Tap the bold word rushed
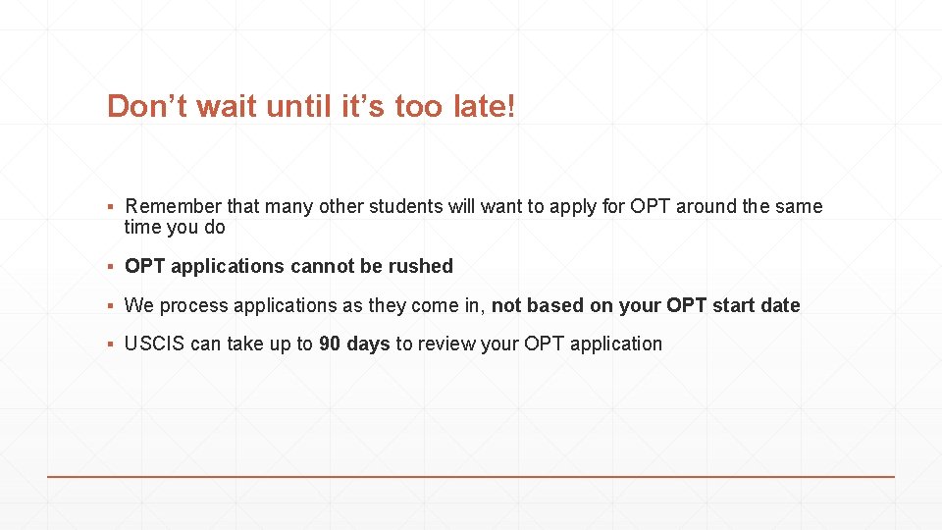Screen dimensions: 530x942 click(420, 266)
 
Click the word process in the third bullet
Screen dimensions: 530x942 click(191, 306)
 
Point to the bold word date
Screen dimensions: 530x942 click(781, 305)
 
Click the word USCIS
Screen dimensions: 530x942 click(155, 344)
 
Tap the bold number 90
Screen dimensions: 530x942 click(330, 344)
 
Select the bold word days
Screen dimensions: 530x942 click(368, 344)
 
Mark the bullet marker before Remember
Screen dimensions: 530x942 click(113, 207)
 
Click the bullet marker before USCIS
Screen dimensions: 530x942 click(113, 344)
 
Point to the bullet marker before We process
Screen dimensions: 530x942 click(113, 306)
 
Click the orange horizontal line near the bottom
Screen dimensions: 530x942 click(471, 477)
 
